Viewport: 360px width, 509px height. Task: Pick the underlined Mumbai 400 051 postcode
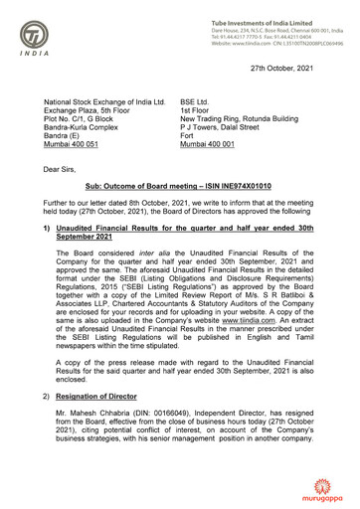point(77,145)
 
